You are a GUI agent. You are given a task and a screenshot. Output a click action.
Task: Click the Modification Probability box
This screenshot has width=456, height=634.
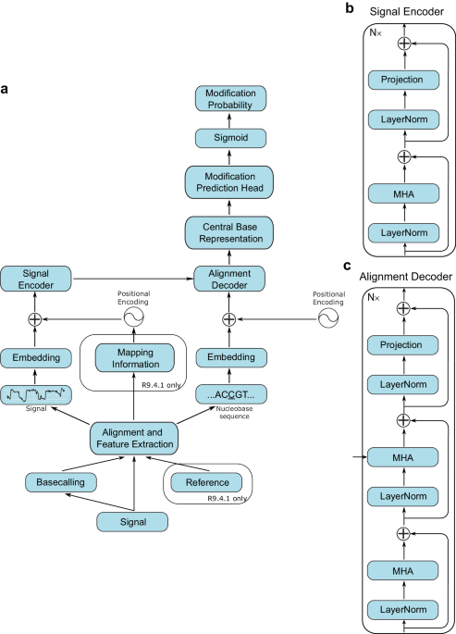[x=230, y=100]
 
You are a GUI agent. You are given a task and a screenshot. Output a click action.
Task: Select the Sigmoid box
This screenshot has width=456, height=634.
[x=230, y=138]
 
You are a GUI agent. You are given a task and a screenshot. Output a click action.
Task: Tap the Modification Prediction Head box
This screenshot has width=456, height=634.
[x=230, y=182]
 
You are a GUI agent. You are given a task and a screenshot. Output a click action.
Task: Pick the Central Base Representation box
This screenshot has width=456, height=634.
[x=230, y=232]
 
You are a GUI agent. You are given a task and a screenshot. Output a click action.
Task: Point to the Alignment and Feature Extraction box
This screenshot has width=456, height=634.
[x=134, y=437]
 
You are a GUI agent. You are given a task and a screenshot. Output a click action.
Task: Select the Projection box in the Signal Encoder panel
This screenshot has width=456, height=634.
[x=401, y=80]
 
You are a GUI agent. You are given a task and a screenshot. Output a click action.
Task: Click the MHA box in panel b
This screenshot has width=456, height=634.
[x=401, y=193]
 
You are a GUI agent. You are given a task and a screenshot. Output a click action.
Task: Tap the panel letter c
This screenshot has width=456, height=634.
[x=347, y=266]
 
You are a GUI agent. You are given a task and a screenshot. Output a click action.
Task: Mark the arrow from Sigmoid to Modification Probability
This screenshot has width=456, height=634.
[x=230, y=119]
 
